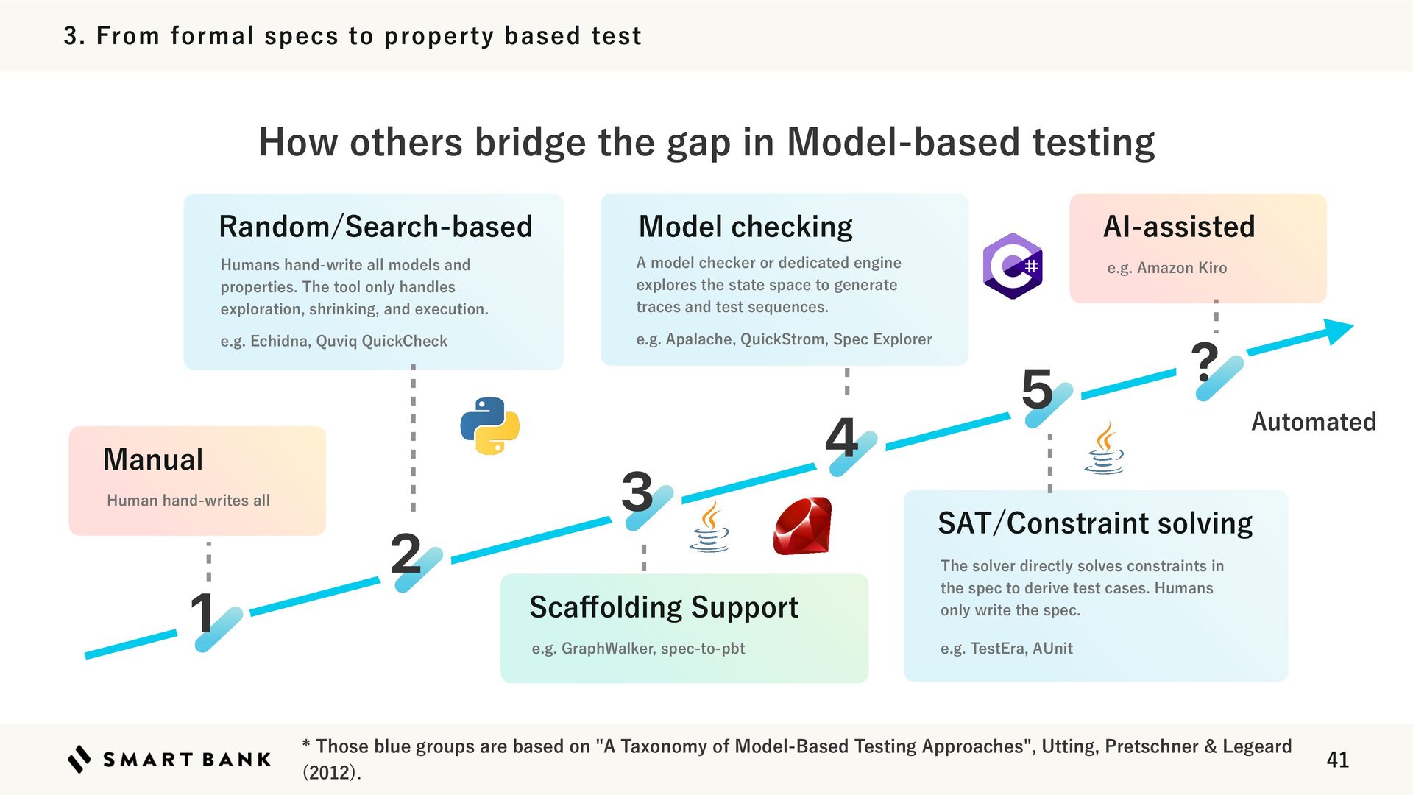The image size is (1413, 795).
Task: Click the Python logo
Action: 489,425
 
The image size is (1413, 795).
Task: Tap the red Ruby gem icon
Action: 802,526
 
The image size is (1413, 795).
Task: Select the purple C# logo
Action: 1013,266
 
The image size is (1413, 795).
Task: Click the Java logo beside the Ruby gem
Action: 709,526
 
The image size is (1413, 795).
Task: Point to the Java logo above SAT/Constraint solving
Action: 1104,448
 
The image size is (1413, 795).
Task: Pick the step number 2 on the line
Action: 406,554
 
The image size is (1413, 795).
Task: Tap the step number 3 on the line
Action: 637,492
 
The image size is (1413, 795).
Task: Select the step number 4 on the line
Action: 841,437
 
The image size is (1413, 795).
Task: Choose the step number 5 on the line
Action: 1037,389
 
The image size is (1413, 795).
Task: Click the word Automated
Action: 1314,422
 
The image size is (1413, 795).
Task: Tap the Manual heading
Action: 153,459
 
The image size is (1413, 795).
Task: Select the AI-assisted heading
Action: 1179,227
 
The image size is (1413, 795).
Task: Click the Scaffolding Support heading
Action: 664,607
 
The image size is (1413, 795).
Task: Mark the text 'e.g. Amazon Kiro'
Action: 1166,268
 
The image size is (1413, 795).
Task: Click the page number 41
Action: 1337,760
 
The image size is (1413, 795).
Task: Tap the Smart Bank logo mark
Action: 79,759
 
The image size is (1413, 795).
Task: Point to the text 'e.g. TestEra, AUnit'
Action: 1006,649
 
